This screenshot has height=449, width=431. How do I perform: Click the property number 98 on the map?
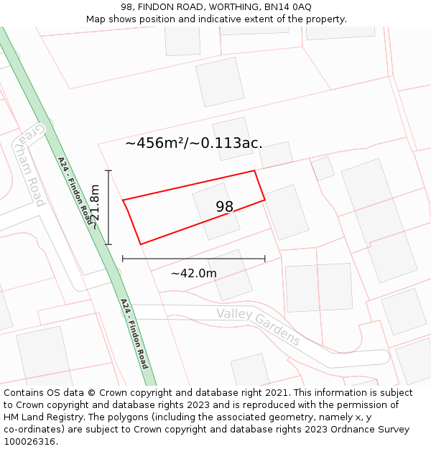point(224,207)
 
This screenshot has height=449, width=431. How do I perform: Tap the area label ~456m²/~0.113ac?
point(193,143)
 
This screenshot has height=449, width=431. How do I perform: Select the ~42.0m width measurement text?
point(193,273)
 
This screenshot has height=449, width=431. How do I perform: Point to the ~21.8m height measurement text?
point(93,207)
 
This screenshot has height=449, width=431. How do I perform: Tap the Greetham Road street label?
point(32,165)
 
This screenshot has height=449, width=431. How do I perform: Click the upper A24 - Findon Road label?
point(75,191)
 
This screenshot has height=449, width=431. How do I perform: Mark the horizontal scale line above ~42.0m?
point(193,259)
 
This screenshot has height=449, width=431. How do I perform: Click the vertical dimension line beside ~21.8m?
point(108,207)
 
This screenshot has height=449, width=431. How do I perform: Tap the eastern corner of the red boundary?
point(265,200)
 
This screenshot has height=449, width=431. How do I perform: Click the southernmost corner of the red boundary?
point(140,244)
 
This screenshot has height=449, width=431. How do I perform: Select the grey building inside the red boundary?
point(215,210)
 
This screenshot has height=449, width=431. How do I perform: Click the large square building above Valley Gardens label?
point(318,287)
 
